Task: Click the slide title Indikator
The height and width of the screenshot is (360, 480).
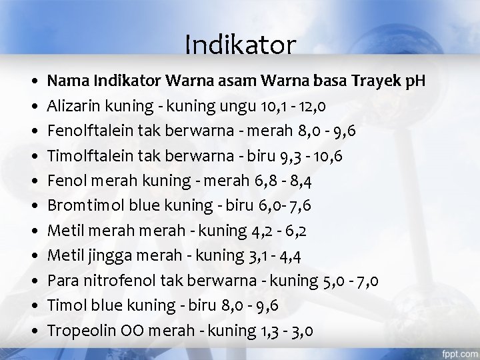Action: point(239,45)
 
